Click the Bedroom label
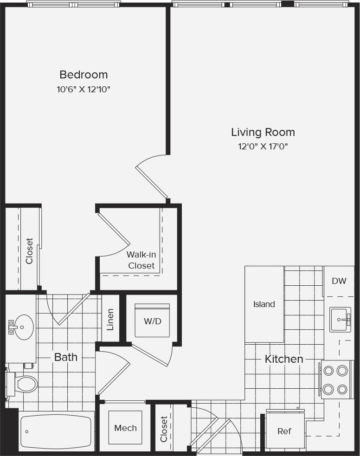point(84,74)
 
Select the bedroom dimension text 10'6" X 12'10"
point(84,89)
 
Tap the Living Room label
point(263,132)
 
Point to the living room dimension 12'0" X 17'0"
point(263,147)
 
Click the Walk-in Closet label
point(141,260)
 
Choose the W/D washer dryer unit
point(152,321)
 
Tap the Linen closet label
point(110,320)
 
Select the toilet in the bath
point(23,384)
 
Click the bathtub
point(56,431)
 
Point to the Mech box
point(125,428)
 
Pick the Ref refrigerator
point(284,431)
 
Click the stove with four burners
point(335,379)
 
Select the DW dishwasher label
point(339,281)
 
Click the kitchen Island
point(264,304)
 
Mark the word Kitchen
point(284,359)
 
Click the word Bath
point(66,357)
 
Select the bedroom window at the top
point(73,4)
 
